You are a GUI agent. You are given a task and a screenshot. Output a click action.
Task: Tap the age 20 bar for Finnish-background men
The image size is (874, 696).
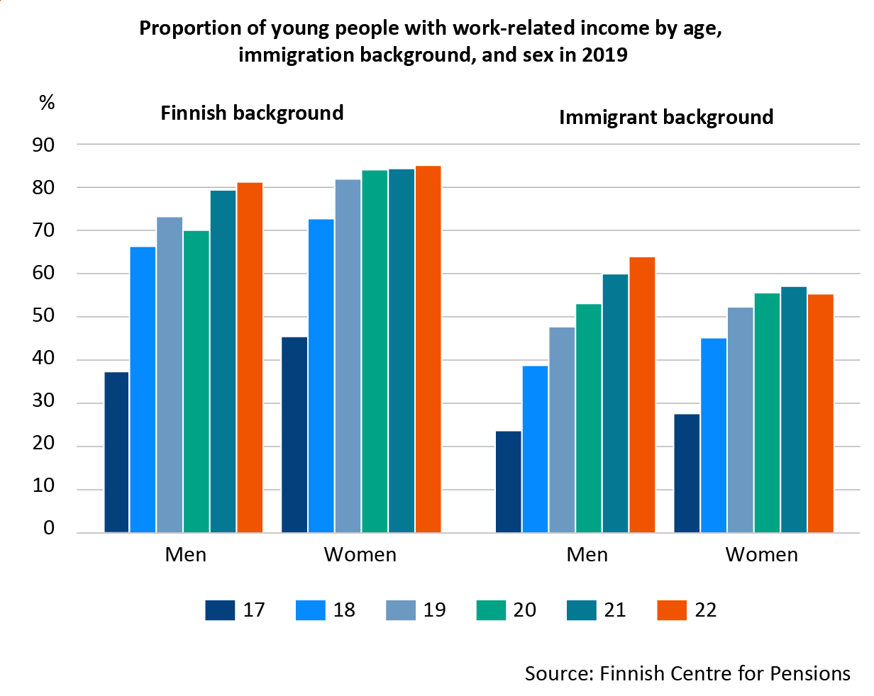point(197,382)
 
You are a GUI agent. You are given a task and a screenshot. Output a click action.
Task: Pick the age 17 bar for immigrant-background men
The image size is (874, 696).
point(508,482)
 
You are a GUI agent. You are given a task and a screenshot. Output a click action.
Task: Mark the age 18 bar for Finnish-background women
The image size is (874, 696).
point(321,376)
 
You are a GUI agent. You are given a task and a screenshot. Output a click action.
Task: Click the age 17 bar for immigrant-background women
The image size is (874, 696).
point(686,473)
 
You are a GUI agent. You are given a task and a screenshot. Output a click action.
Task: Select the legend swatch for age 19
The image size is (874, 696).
point(400,610)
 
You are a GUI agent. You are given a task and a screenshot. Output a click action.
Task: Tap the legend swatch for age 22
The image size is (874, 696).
point(672,610)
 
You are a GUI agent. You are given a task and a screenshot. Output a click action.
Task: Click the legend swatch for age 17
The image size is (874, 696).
point(220,610)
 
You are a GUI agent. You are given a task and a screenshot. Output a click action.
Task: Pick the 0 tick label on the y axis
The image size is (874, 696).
point(48,528)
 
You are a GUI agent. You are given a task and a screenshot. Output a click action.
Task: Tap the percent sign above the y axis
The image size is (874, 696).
point(47,103)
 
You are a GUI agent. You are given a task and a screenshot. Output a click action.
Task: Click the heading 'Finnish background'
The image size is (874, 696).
point(252,113)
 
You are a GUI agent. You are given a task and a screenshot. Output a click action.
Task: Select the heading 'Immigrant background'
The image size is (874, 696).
point(666,117)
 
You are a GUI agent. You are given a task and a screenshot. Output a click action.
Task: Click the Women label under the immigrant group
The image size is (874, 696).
point(761,554)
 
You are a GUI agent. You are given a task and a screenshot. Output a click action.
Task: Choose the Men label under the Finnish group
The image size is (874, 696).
point(186,554)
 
